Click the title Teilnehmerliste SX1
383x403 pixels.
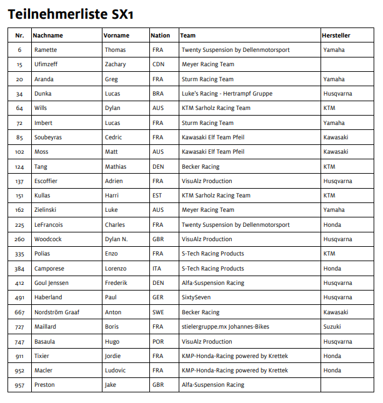(70, 14)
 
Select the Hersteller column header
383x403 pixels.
(336, 36)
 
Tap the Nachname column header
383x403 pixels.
(48, 36)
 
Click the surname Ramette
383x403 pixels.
(46, 50)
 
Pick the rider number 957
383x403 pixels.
(19, 386)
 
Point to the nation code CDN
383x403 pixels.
(159, 64)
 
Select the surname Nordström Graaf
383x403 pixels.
(57, 312)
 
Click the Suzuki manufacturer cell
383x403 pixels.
(332, 327)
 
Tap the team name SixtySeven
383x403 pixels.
(196, 298)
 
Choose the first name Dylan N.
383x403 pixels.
(117, 239)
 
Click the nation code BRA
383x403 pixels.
(158, 94)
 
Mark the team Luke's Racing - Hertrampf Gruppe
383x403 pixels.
(227, 94)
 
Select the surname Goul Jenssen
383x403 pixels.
(52, 283)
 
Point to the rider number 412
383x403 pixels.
(19, 283)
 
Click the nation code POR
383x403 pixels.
(158, 342)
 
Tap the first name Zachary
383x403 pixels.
(116, 64)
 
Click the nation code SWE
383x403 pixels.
(158, 312)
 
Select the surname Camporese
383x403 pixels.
(50, 269)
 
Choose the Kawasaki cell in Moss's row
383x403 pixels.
(336, 152)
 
